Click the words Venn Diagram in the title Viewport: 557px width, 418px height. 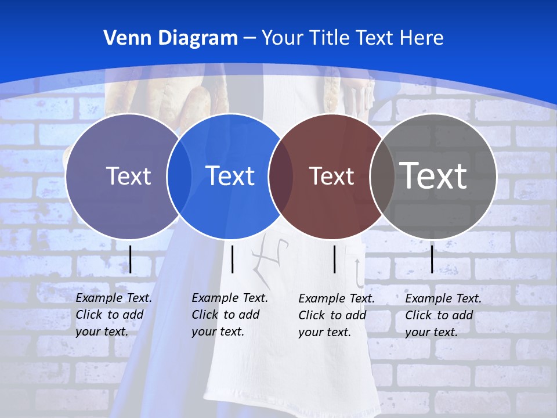[171, 38]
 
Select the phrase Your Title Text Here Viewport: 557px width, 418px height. [352, 38]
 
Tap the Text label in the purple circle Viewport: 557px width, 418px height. [128, 176]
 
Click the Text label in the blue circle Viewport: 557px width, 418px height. [230, 176]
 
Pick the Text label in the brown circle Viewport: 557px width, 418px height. [331, 176]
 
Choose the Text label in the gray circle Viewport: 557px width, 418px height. [433, 176]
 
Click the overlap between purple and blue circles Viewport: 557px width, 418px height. [179, 176]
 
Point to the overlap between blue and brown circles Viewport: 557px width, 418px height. [281, 176]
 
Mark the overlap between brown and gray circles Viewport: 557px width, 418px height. [382, 176]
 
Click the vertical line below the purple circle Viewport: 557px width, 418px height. [131, 259]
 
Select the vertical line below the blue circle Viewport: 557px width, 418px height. [232, 259]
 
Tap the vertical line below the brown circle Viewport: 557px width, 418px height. [334, 259]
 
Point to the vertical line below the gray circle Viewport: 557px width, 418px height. [432, 259]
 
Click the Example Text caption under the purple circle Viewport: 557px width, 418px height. [113, 314]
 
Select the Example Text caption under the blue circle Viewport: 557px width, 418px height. [229, 314]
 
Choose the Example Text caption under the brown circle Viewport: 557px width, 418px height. [336, 315]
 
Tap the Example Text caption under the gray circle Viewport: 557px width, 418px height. [443, 315]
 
